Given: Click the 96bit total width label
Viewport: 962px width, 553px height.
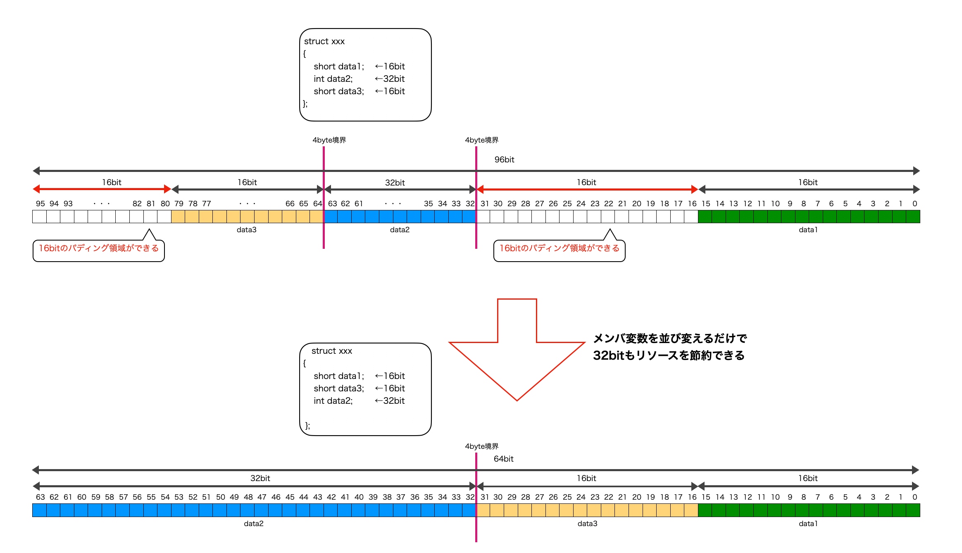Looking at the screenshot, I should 504,160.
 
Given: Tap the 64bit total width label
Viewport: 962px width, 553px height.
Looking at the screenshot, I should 503,459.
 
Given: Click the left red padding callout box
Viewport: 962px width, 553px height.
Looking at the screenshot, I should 99,249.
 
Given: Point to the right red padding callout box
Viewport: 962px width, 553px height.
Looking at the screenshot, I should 559,249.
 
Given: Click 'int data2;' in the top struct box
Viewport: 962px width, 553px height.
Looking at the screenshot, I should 333,79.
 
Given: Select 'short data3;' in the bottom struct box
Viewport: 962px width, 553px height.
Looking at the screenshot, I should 339,389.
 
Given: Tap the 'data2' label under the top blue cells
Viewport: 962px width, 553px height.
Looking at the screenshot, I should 400,230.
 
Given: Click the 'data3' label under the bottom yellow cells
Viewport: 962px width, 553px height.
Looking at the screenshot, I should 587,524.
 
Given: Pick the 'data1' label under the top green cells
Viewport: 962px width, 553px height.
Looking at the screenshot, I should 808,230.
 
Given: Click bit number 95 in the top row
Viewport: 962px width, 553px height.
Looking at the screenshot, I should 40,204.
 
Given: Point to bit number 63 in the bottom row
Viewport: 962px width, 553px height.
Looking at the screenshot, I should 40,497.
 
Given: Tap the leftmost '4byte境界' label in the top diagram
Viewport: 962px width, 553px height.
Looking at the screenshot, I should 329,140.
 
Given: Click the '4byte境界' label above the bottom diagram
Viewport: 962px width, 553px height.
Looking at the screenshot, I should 481,446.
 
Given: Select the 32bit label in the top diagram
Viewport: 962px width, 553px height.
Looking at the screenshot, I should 395,183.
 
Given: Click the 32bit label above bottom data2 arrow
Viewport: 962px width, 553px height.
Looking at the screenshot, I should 260,478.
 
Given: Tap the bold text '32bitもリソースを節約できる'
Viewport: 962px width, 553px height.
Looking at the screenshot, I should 669,355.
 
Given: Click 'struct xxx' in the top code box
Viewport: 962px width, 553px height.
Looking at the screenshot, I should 324,41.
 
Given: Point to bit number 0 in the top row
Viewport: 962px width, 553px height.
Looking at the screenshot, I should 914,204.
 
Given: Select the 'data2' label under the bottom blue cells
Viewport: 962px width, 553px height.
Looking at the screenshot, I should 253,524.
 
